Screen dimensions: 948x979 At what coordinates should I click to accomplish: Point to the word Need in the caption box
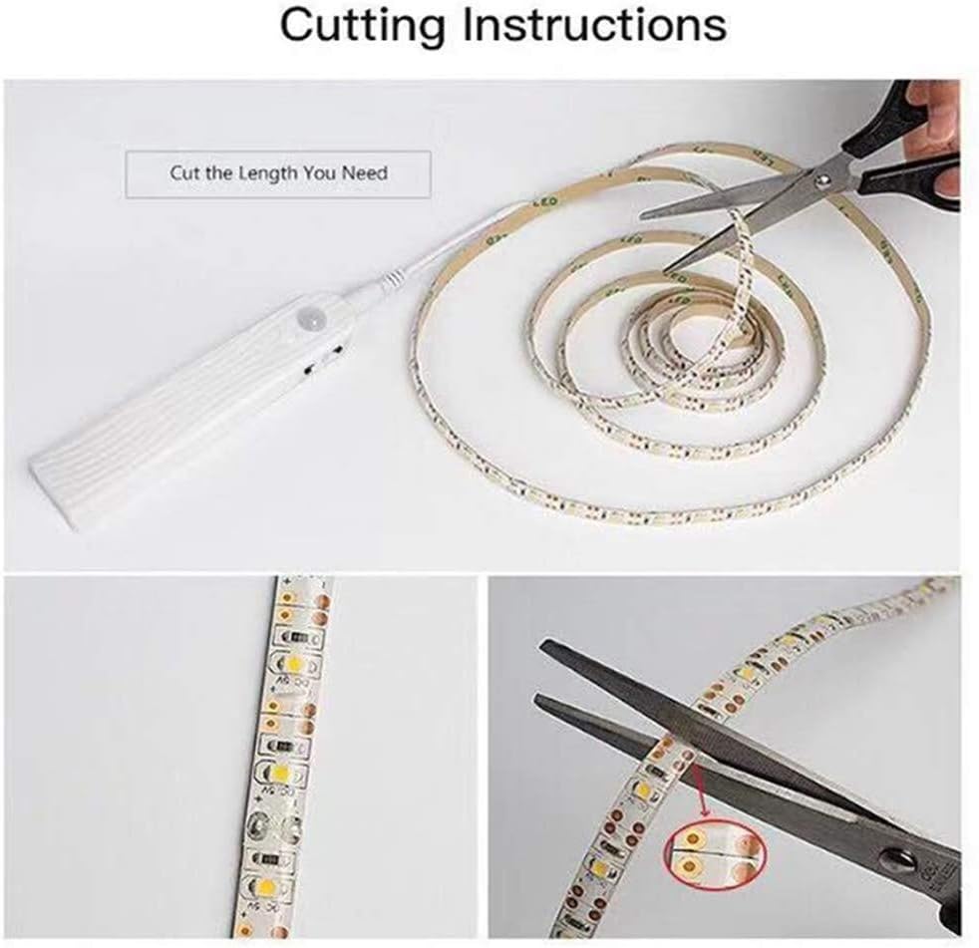pyautogui.click(x=365, y=172)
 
